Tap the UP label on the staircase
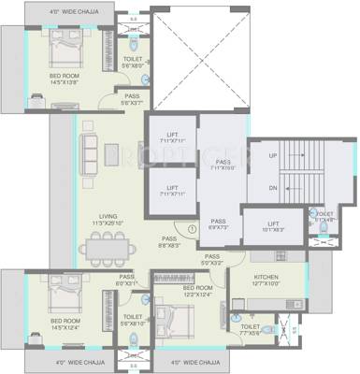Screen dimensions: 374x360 [273, 155]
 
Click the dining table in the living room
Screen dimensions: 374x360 [103, 248]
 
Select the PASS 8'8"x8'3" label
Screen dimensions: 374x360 [167, 243]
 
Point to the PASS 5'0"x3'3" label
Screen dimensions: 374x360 [212, 260]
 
